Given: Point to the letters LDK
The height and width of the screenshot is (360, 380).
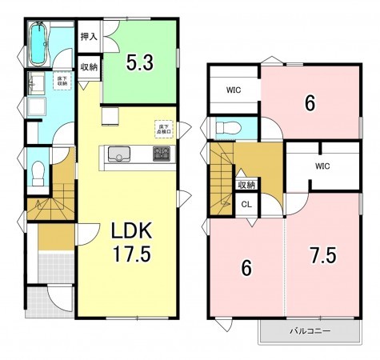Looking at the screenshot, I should click(x=131, y=232).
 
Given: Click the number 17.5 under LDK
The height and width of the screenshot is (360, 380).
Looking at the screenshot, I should click(x=131, y=255).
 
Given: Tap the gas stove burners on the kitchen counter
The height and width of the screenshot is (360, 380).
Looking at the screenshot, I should click(x=162, y=154).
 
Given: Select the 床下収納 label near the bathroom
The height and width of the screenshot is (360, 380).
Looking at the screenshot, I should click(x=62, y=80).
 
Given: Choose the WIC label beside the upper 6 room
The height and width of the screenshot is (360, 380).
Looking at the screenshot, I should click(x=234, y=90).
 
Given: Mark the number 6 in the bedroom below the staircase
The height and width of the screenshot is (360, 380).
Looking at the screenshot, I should click(x=246, y=269).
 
